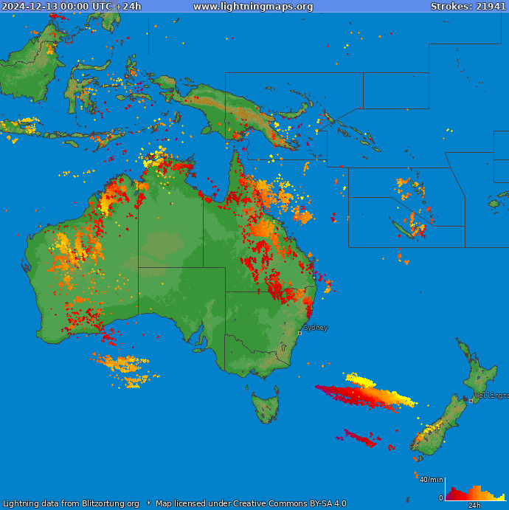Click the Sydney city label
pos(316,328)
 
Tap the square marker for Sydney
pos(299,333)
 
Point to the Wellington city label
pos(491,396)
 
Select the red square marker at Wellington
pos(471,401)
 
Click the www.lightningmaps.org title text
pos(253,7)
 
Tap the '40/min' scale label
pos(431,480)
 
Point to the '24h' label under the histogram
pos(474,506)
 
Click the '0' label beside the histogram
pos(441,498)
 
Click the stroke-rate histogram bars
pos(475,494)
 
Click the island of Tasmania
pos(266,408)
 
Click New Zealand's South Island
pos(435,428)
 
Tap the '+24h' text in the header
pos(128,7)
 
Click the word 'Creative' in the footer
pos(254,504)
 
